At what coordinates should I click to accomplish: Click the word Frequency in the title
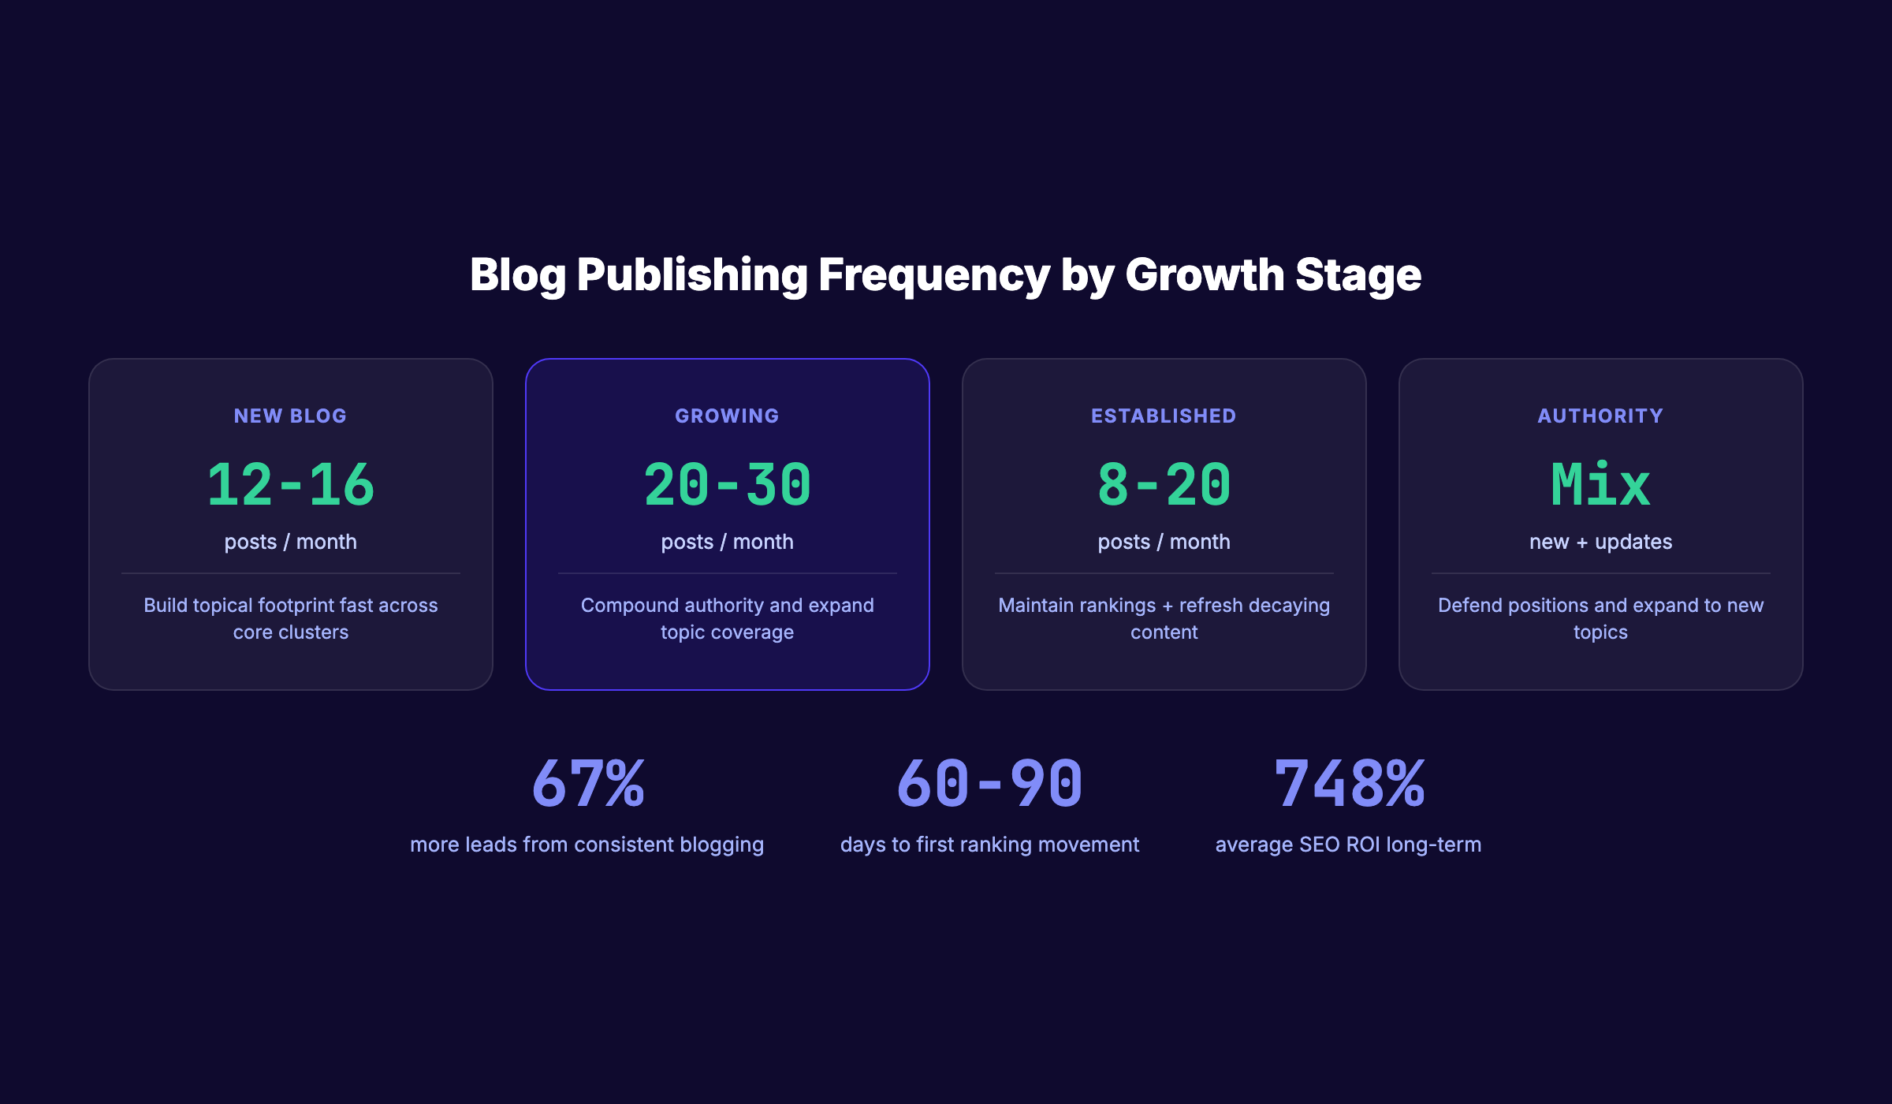[933, 275]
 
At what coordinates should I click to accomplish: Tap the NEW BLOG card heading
[290, 416]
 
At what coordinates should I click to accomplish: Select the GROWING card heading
[727, 416]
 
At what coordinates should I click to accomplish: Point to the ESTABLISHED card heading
[1164, 416]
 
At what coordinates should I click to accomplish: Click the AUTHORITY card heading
[1600, 416]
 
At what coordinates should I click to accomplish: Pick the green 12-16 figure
[290, 484]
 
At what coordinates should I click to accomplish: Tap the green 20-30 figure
[727, 484]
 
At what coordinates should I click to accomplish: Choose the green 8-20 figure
[1164, 484]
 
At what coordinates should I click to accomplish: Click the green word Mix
[1600, 484]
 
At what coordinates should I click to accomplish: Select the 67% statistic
[588, 784]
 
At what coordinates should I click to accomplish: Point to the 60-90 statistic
[989, 784]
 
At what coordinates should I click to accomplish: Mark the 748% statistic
[1349, 784]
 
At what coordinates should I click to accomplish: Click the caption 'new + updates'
[1600, 542]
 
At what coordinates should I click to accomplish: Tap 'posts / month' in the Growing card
[727, 542]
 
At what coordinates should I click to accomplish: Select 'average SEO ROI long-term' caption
[1348, 845]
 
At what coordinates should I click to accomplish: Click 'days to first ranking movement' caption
[989, 845]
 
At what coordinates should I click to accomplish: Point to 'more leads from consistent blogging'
[587, 845]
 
